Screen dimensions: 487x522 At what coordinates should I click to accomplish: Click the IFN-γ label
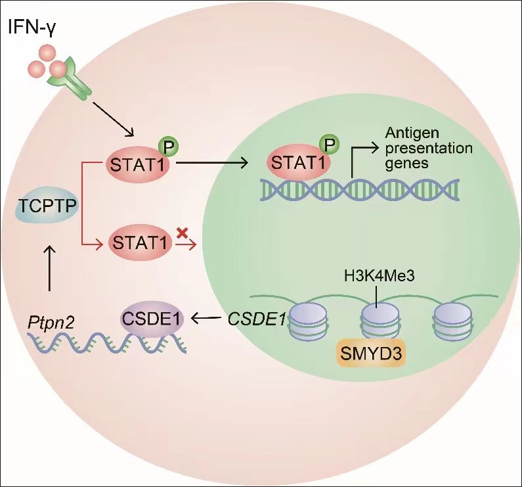(33, 27)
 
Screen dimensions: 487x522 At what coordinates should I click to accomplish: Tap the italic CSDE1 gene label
(257, 320)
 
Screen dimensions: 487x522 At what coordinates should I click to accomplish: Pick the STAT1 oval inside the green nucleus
(297, 160)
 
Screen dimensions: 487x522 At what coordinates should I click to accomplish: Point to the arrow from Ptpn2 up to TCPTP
(49, 269)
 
